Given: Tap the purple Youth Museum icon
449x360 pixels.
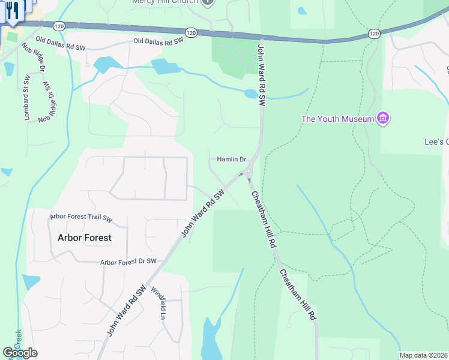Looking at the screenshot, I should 383,118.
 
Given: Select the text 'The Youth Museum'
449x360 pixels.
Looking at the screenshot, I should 337,119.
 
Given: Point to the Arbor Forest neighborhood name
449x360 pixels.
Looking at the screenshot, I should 85,238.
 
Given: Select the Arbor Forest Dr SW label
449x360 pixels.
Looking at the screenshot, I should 128,262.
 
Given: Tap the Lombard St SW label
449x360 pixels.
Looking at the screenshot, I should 26,98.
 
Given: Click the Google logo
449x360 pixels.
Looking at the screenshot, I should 20,353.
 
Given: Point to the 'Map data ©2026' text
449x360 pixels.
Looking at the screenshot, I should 424,355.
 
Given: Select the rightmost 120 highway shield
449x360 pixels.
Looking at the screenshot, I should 374,35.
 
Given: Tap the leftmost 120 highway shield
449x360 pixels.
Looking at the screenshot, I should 58,26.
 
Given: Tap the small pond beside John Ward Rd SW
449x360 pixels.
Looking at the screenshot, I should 251,94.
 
